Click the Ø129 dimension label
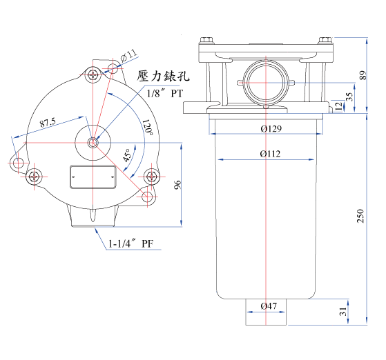tap(271, 128)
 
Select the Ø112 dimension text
tap(270, 154)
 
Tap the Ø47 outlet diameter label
tap(269, 306)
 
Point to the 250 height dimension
tap(360, 216)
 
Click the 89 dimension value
tap(363, 75)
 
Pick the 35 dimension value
tap(349, 97)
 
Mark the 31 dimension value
tap(343, 312)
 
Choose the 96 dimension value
tap(177, 185)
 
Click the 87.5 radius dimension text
tap(48, 122)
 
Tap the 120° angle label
tap(148, 128)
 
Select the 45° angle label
tap(128, 155)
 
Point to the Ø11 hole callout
tap(128, 56)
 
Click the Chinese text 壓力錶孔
tap(163, 75)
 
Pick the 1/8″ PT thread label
tap(165, 93)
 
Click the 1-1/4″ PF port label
tap(131, 243)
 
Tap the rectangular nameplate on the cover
tap(93, 177)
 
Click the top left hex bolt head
tap(206, 40)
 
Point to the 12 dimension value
tap(339, 106)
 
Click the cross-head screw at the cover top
tap(93, 74)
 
